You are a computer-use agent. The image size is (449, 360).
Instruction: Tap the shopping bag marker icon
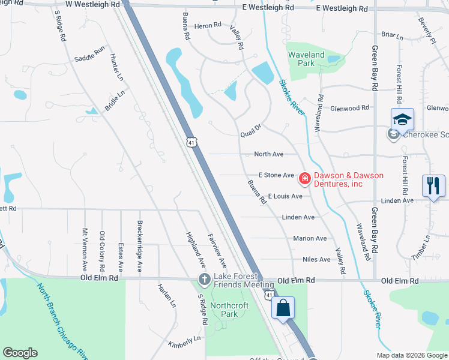(283, 308)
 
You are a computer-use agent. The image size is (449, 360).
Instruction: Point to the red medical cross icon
(304, 178)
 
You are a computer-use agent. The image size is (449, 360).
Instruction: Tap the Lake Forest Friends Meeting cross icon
(204, 280)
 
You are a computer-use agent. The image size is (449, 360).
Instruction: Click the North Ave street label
(268, 154)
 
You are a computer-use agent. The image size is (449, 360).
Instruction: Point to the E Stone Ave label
(276, 175)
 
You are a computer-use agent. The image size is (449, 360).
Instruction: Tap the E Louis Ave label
(285, 196)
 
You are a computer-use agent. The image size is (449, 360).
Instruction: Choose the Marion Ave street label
(310, 238)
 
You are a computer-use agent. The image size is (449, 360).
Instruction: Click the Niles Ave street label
(316, 259)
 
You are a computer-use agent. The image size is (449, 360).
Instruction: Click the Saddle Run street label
(90, 54)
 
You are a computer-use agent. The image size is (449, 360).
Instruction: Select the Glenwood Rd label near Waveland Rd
(349, 108)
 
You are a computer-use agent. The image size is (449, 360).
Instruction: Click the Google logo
(20, 353)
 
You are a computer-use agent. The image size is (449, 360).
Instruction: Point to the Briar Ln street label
(392, 36)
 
